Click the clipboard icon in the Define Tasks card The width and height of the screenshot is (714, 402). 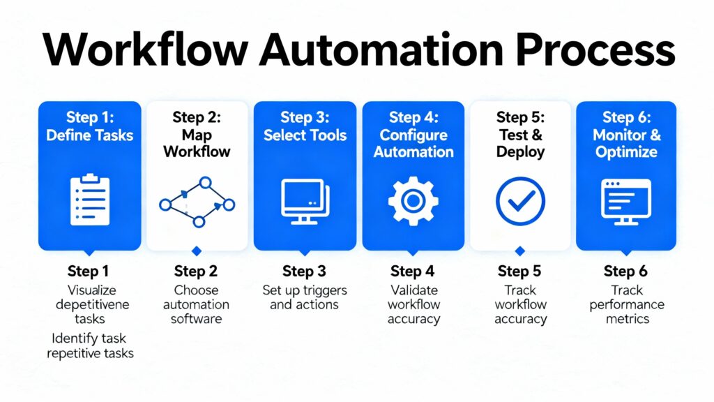[90, 200]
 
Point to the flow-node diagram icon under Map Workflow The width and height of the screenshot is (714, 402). [197, 202]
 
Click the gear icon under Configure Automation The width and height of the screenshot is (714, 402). [413, 201]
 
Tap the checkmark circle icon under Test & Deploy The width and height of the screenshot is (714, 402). [520, 201]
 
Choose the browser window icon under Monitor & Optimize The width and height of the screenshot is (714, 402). [625, 201]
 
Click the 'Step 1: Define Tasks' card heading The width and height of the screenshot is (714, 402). [90, 126]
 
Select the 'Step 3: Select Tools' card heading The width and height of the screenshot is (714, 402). [305, 126]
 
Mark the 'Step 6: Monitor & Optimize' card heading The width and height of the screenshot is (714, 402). [627, 134]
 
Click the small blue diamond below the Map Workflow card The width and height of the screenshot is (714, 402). [197, 251]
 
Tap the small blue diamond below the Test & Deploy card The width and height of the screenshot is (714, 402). [519, 251]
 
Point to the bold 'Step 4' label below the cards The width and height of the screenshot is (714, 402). [413, 271]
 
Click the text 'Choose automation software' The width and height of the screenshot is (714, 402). [197, 304]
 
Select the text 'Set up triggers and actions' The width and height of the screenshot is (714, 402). [304, 297]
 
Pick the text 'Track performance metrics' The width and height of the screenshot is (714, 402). [626, 304]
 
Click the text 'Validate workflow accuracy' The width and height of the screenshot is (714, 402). [413, 304]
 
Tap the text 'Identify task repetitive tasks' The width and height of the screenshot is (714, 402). [90, 345]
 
